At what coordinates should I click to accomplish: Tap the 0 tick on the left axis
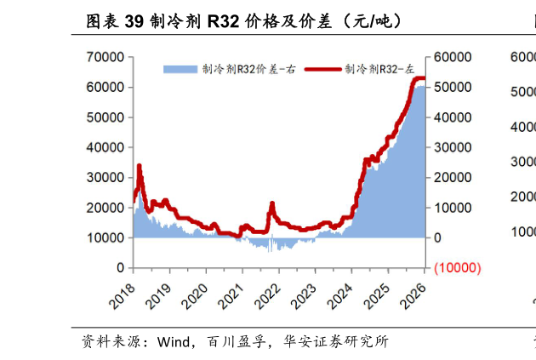pos(120,267)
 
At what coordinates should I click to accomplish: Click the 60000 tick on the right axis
pos(451,57)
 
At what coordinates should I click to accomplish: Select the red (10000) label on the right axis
pos(458,267)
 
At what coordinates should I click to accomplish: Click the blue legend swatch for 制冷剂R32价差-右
pos(180,69)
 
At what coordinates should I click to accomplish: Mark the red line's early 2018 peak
pos(139,166)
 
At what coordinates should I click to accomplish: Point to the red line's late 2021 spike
pos(272,203)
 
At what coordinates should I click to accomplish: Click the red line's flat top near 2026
pos(418,79)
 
